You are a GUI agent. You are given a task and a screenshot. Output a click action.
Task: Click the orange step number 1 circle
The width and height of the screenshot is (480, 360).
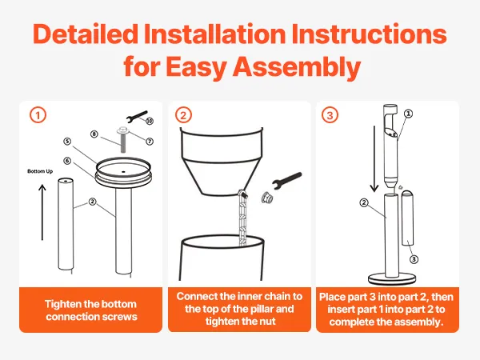38,115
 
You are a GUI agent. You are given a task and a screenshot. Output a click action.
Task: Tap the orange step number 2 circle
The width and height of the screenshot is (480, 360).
183,115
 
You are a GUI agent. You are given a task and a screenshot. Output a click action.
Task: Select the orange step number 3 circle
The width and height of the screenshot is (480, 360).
330,115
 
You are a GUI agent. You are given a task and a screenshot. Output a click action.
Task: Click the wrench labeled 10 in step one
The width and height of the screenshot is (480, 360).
137,117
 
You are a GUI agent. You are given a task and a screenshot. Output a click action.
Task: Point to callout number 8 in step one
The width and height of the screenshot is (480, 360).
94,134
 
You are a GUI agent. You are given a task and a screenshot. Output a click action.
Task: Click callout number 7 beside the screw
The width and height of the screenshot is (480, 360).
150,141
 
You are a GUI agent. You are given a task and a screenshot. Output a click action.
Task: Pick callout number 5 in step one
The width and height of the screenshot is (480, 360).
67,141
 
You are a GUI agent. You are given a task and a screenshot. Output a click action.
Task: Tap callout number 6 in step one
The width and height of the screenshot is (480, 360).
67,161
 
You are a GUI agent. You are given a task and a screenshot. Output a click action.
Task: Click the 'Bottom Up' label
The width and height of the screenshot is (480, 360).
40,171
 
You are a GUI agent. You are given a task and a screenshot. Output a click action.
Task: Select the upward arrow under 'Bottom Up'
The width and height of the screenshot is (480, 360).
42,212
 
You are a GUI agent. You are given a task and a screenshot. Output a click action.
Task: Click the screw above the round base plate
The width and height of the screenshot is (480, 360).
122,139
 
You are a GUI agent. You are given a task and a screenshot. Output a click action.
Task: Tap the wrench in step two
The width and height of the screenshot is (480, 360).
287,181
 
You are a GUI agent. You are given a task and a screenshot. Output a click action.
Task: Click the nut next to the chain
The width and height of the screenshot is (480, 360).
266,198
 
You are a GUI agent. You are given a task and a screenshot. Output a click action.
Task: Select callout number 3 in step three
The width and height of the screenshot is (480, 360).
414,259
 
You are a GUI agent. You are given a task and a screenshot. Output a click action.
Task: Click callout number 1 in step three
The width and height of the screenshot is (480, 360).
408,114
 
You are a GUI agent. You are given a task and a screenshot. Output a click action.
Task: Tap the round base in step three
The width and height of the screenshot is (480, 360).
393,279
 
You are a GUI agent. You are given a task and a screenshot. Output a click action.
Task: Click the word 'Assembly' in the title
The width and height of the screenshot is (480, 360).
297,66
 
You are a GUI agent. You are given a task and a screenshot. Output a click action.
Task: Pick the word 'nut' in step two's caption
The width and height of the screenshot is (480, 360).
269,322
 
